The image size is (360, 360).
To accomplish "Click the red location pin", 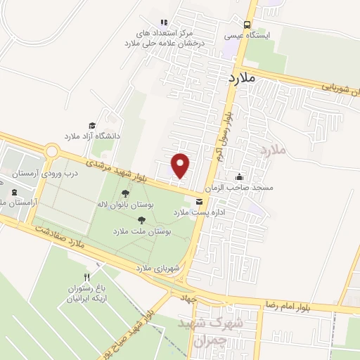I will point(181,165).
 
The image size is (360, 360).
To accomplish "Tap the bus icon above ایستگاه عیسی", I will point(247,23).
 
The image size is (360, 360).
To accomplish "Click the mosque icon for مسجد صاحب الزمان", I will point(240,177).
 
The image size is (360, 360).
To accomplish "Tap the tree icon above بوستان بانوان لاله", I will point(125,193).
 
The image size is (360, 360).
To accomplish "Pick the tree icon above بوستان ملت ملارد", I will point(141,220).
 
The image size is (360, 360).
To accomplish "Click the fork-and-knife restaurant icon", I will point(86,277).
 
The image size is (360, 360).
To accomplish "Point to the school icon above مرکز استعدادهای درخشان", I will point(164,22).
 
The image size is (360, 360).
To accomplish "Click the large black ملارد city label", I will point(240,78).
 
